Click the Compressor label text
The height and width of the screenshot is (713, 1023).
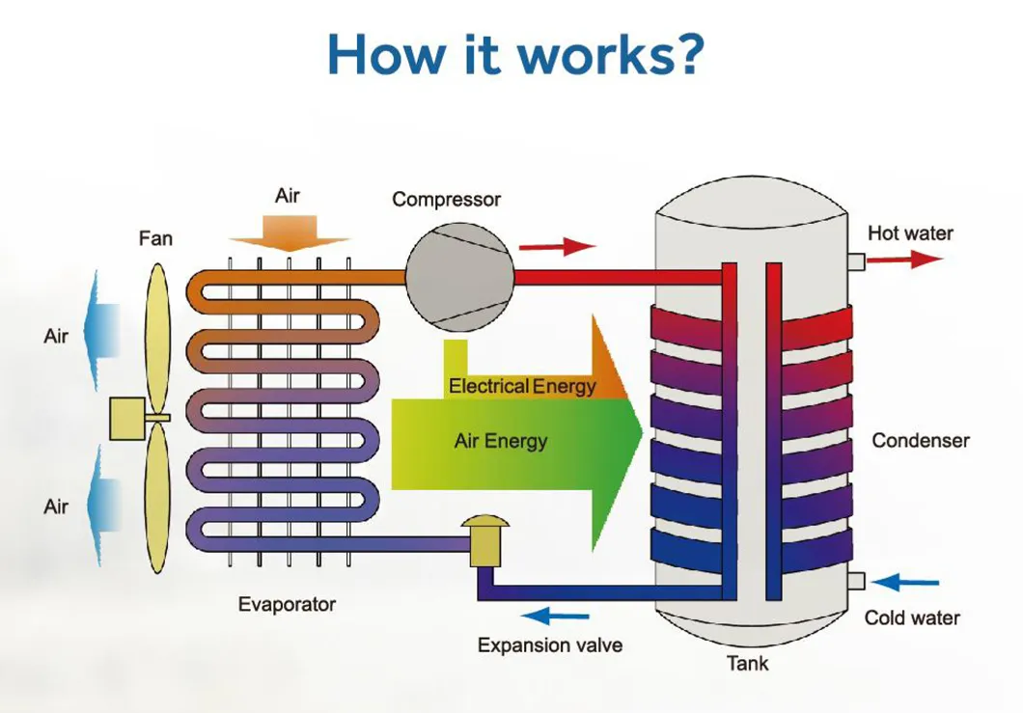tap(446, 200)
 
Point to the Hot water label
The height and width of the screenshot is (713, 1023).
tap(909, 233)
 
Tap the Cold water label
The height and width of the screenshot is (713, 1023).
tap(912, 617)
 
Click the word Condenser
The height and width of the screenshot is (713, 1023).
tap(920, 441)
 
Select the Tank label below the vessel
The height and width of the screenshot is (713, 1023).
tap(748, 663)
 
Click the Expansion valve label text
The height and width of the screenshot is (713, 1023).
tap(550, 645)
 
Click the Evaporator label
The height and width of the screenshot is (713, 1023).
tap(287, 605)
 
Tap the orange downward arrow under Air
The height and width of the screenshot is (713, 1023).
tap(288, 233)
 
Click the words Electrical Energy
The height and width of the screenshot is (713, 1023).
tap(522, 387)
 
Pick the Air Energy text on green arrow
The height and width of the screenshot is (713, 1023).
tap(500, 442)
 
